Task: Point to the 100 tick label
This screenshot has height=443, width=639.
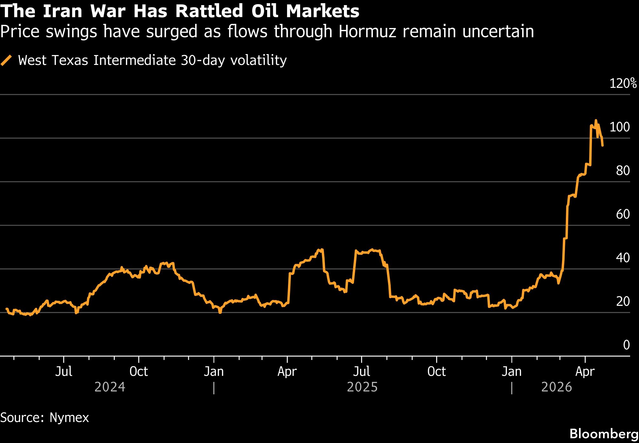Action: click(619, 127)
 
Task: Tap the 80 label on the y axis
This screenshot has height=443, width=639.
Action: click(622, 171)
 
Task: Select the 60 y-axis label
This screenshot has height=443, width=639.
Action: click(622, 214)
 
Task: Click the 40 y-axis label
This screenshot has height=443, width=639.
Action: click(622, 258)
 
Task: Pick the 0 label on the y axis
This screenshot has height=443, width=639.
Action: click(626, 345)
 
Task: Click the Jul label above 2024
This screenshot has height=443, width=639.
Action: click(64, 372)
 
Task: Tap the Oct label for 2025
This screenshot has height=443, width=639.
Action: click(436, 372)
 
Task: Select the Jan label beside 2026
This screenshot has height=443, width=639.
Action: click(512, 372)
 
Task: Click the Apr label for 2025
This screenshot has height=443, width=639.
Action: click(287, 372)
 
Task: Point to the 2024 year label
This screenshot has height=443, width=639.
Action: click(110, 387)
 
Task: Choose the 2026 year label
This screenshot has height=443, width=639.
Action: click(556, 387)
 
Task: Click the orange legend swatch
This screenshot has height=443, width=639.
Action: click(6, 60)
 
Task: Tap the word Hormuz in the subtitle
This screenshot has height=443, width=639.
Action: click(368, 32)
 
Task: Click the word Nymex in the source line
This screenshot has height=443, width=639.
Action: click(69, 418)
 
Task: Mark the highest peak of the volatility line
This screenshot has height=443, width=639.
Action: click(596, 120)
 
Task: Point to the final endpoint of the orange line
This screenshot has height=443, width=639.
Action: click(602, 145)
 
